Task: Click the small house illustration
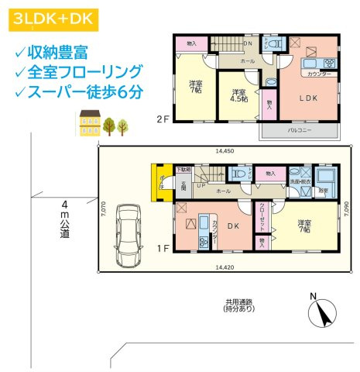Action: click(89, 122)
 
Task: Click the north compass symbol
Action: click(320, 313)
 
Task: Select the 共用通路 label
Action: click(239, 305)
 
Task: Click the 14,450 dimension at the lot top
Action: click(223, 150)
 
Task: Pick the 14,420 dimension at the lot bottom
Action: click(223, 267)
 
